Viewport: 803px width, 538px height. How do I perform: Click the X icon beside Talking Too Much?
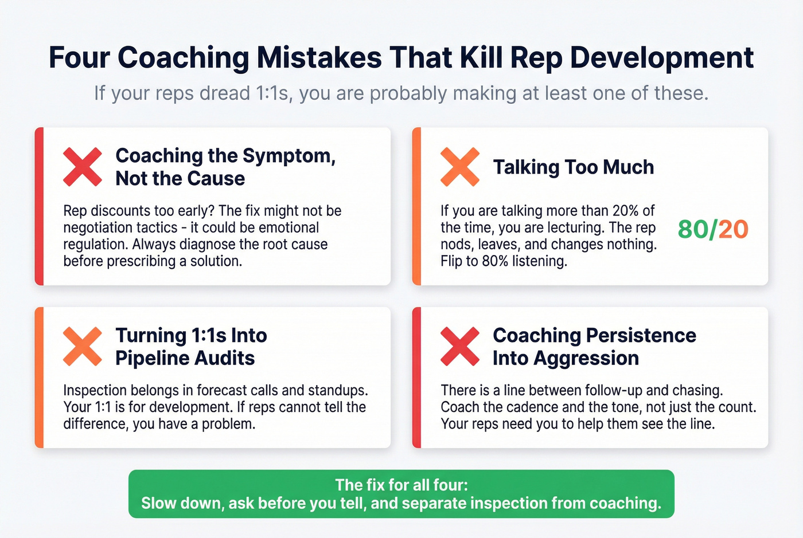click(459, 167)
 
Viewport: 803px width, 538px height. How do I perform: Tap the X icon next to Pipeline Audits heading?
click(82, 347)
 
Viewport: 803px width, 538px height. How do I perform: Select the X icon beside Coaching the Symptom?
click(82, 167)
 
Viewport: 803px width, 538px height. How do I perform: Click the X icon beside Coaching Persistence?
click(459, 347)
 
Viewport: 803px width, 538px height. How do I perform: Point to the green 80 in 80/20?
click(693, 230)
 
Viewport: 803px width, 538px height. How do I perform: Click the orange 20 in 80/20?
click(734, 230)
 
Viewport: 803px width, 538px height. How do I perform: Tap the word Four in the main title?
click(80, 58)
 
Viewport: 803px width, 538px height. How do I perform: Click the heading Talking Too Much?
click(574, 167)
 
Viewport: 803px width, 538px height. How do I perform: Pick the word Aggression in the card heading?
click(586, 359)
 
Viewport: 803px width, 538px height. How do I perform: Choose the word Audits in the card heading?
click(225, 359)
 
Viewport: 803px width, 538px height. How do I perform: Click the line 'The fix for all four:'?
click(402, 485)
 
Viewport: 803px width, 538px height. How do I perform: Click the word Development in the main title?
click(662, 58)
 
